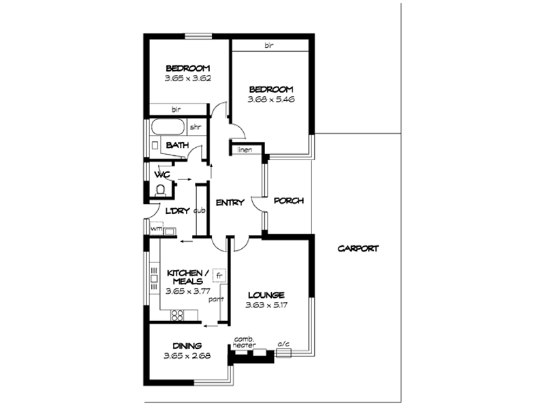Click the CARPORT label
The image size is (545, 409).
tap(358, 249)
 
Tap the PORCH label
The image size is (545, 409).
tap(288, 201)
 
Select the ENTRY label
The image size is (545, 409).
tap(230, 202)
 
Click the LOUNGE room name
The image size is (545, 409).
tap(266, 294)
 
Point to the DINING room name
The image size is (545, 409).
tap(187, 346)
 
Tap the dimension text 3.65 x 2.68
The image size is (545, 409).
tap(187, 356)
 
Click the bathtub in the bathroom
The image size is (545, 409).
tap(168, 127)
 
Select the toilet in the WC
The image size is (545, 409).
tap(161, 187)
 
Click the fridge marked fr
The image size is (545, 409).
tap(219, 275)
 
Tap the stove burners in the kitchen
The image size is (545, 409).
tap(178, 314)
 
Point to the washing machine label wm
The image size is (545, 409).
tap(156, 228)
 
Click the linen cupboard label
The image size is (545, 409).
tap(243, 149)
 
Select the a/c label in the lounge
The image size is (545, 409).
tap(283, 344)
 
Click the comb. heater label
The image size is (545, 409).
tap(244, 343)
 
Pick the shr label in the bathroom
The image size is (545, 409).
tap(196, 127)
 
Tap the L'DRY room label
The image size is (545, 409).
tap(177, 211)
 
